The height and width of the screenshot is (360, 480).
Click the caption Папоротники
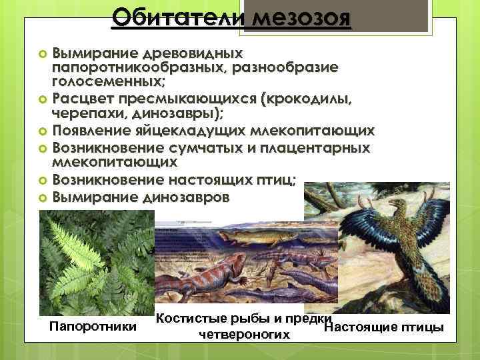(x=93, y=327)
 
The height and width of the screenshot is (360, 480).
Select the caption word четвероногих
(x=244, y=333)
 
